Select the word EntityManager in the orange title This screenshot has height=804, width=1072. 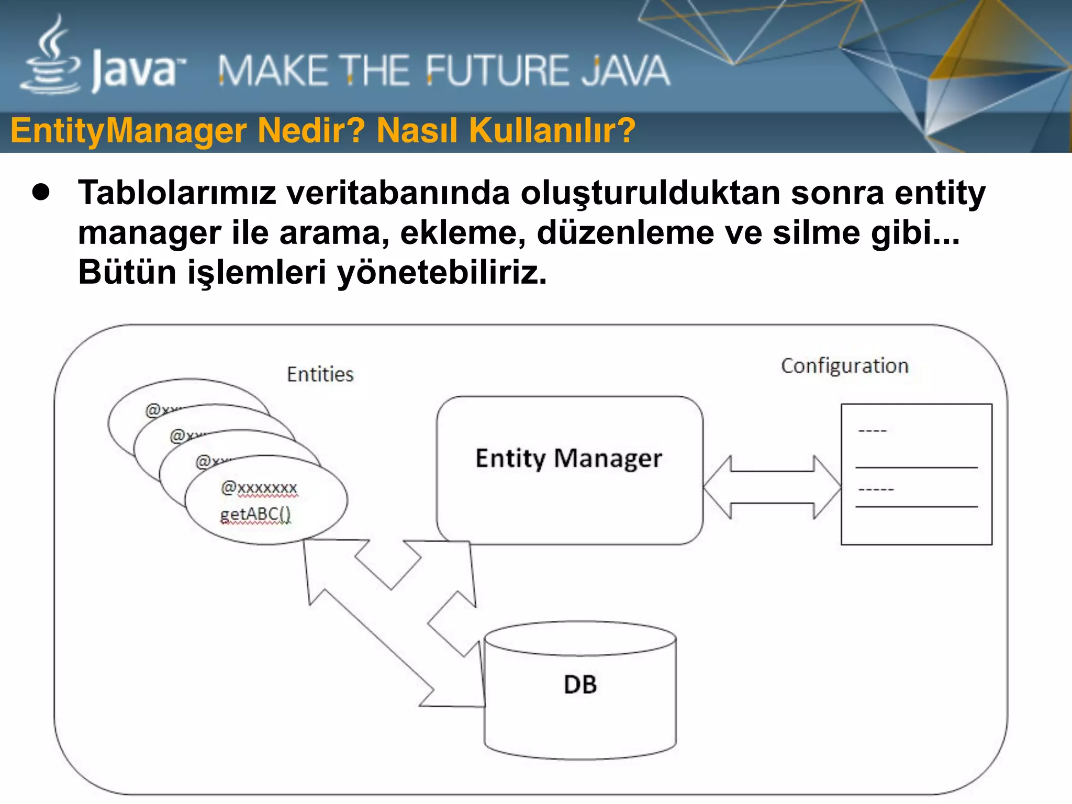tap(128, 131)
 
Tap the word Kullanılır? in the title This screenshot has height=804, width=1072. tap(552, 131)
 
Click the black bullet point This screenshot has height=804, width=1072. tap(41, 193)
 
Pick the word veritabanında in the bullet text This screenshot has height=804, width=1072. tap(398, 193)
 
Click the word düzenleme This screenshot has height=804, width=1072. tap(626, 232)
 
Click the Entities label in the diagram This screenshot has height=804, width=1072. tap(320, 375)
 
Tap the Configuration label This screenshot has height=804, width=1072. tap(844, 366)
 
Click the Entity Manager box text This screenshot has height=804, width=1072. tap(568, 459)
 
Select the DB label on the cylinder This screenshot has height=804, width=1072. tap(580, 685)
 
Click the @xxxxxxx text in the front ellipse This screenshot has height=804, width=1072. tap(259, 488)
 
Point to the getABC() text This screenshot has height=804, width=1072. tap(255, 515)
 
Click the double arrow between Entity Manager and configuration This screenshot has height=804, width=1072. tap(772, 487)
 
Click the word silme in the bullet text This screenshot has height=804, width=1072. tap(816, 232)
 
